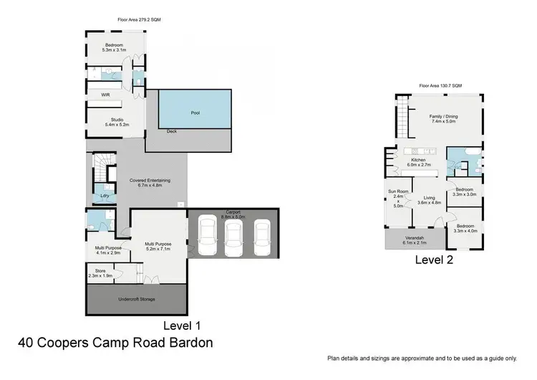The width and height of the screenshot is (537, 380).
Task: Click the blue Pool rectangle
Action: point(195,109)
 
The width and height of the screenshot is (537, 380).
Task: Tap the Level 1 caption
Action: point(182,326)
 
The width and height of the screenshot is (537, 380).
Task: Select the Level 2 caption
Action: point(434,260)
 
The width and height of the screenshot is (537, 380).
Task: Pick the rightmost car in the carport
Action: point(262,237)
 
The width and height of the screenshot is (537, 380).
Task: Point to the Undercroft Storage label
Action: point(137,299)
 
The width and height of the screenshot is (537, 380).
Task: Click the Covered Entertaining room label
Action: point(150,183)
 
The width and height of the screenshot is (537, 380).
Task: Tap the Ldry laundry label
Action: point(105,196)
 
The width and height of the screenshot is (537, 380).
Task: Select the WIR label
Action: point(105,95)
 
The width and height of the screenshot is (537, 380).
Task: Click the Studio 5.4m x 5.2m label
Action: point(117,122)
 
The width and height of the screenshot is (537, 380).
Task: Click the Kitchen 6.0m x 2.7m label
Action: point(419,162)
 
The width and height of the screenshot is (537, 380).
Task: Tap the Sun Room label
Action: point(398,191)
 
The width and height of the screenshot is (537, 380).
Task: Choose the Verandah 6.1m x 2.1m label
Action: point(415,240)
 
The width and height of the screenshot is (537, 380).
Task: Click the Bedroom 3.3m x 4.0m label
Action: point(465,229)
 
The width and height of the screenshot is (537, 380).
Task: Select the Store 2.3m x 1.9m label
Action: point(100,273)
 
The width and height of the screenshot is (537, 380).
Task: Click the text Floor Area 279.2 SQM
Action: point(139,19)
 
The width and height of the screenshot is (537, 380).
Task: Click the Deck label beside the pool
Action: point(172,131)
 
